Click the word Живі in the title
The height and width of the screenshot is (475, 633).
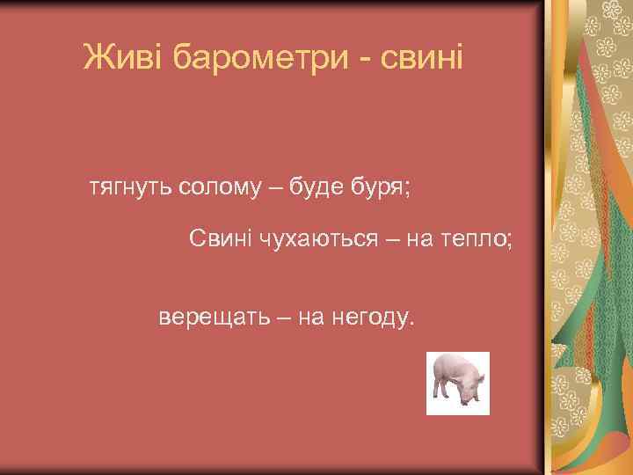tap(124, 58)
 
